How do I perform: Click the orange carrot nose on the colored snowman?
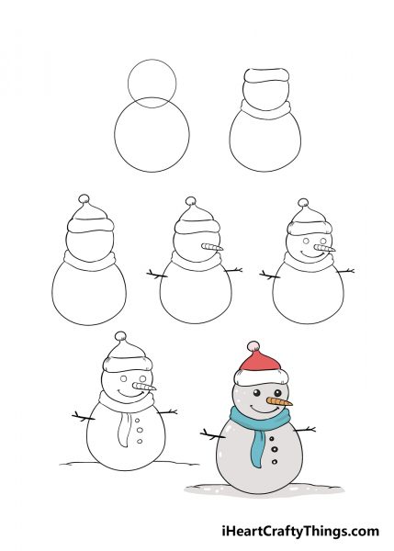[x=279, y=401]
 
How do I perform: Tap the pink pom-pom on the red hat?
[x=253, y=346]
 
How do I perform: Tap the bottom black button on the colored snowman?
[x=275, y=462]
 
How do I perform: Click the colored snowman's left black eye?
[x=257, y=392]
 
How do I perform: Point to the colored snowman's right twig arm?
[x=304, y=430]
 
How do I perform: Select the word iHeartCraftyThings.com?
[x=300, y=531]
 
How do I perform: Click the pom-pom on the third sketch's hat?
[x=84, y=199]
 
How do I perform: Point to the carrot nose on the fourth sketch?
[x=212, y=247]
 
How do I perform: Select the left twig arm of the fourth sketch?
[x=157, y=274]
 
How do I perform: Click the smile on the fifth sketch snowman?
[x=312, y=254]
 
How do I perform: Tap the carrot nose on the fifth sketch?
[x=325, y=249]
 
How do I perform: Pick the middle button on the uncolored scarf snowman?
[x=140, y=430]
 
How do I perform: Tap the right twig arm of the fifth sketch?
[x=345, y=271]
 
